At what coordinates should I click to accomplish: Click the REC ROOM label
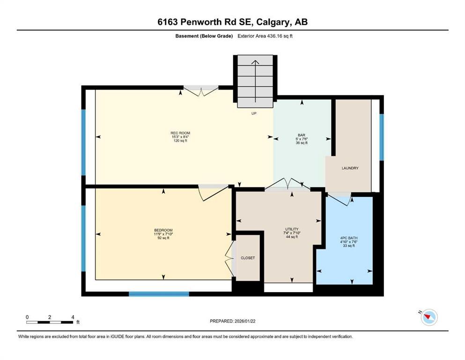pyautogui.click(x=180, y=133)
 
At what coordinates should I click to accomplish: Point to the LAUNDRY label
pyautogui.click(x=350, y=168)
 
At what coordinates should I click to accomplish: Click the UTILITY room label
pyautogui.click(x=291, y=229)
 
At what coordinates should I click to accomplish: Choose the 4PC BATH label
pyautogui.click(x=349, y=238)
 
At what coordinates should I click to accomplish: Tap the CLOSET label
pyautogui.click(x=248, y=258)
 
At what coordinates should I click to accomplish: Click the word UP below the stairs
pyautogui.click(x=254, y=113)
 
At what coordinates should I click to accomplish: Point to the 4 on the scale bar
pyautogui.click(x=73, y=317)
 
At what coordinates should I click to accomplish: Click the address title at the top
pyautogui.click(x=232, y=22)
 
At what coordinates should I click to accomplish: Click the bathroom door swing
pyautogui.click(x=340, y=199)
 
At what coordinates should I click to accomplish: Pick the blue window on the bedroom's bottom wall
pyautogui.click(x=159, y=294)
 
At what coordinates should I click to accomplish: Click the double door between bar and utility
pyautogui.click(x=288, y=184)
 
